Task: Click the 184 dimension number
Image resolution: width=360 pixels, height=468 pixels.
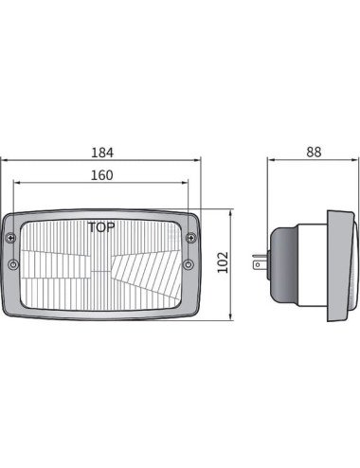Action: point(102,153)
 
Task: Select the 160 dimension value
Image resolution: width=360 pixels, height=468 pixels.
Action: point(101,175)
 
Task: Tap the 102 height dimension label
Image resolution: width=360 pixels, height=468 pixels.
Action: point(223,262)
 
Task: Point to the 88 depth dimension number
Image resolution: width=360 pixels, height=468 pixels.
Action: point(314,153)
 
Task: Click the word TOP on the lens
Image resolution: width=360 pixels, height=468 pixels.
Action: point(101,227)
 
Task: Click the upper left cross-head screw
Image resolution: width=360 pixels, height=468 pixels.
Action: point(11,238)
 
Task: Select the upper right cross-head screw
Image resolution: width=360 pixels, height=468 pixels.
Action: point(190,238)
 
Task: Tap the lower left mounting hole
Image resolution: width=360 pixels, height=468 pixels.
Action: point(13,264)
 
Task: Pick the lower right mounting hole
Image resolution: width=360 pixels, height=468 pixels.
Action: point(189,264)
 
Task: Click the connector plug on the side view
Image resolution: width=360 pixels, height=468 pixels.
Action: point(260,262)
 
